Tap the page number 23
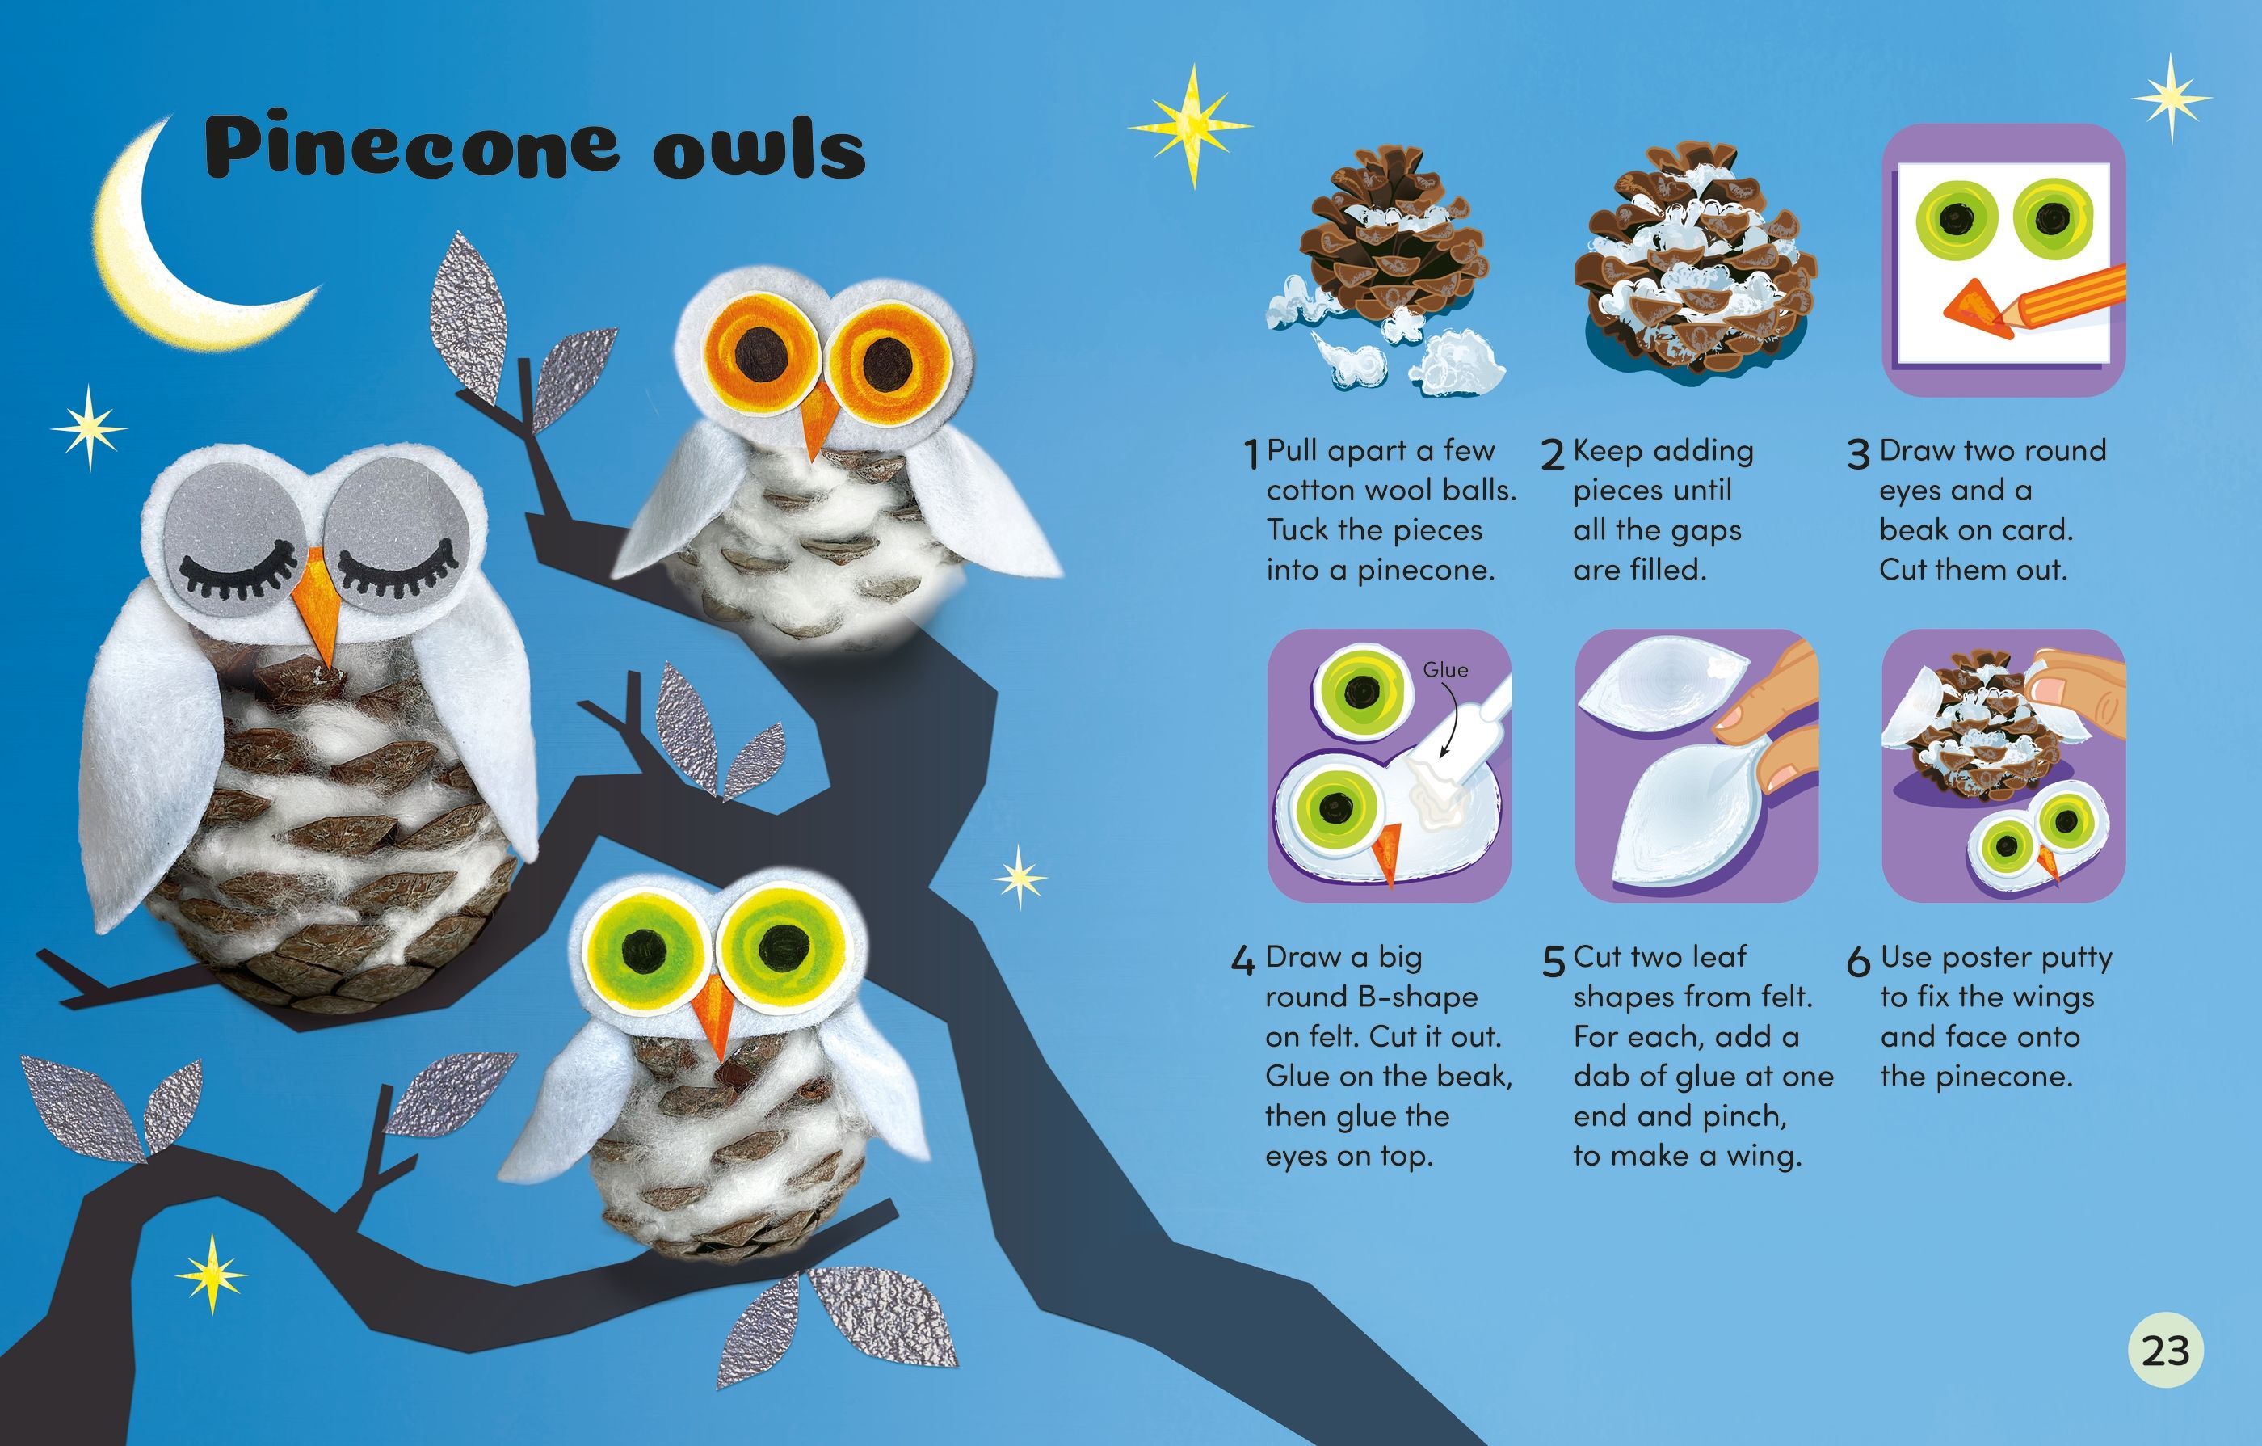(2165, 1350)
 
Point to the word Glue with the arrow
(1444, 670)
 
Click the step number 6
(1858, 961)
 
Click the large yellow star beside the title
(1190, 126)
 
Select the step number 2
(1552, 455)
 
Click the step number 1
(1251, 455)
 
